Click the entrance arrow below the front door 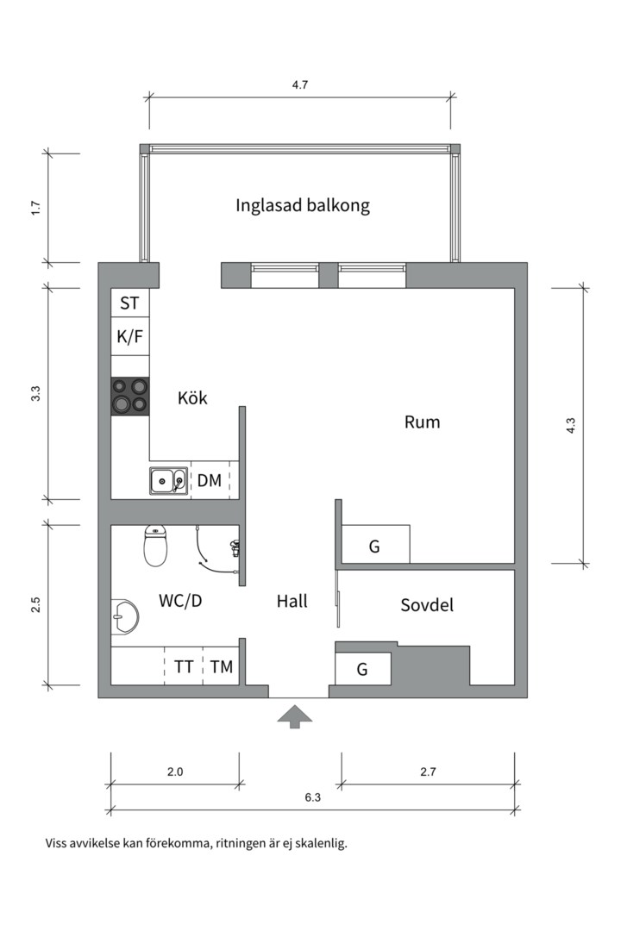(294, 716)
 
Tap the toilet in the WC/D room (155, 546)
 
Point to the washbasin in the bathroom (124, 615)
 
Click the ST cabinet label (129, 303)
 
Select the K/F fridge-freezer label (129, 337)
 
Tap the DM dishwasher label (210, 480)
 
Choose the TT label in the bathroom (184, 666)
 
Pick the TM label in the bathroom (222, 666)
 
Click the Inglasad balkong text (303, 205)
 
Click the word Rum (422, 422)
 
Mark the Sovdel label (427, 605)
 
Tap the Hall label (292, 602)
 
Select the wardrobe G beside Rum (374, 546)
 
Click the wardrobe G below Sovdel (363, 668)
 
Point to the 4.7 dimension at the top (300, 85)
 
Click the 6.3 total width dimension (312, 797)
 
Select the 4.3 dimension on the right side (571, 424)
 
